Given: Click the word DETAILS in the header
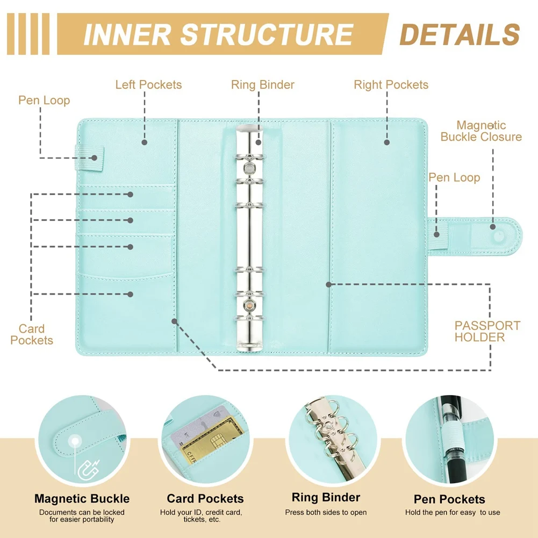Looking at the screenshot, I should tap(460, 34).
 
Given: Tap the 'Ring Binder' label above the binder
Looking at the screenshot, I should tap(263, 85).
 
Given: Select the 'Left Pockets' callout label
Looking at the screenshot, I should tap(148, 85).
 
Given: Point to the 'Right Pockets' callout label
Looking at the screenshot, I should tap(391, 85).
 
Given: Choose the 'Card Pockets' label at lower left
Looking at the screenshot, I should tap(32, 334).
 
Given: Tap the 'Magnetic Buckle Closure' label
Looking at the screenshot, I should tap(481, 131).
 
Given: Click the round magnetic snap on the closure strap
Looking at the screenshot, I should tap(493, 227).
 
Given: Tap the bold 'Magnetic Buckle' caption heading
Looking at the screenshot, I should tap(82, 499).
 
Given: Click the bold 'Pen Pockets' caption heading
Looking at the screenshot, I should tap(449, 499).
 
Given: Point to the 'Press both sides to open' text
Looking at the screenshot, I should tap(326, 512).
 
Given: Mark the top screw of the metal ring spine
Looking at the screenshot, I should tap(249, 168).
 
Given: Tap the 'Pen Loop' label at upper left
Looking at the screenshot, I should tap(44, 101).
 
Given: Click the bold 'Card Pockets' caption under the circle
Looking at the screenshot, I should tap(205, 499).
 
